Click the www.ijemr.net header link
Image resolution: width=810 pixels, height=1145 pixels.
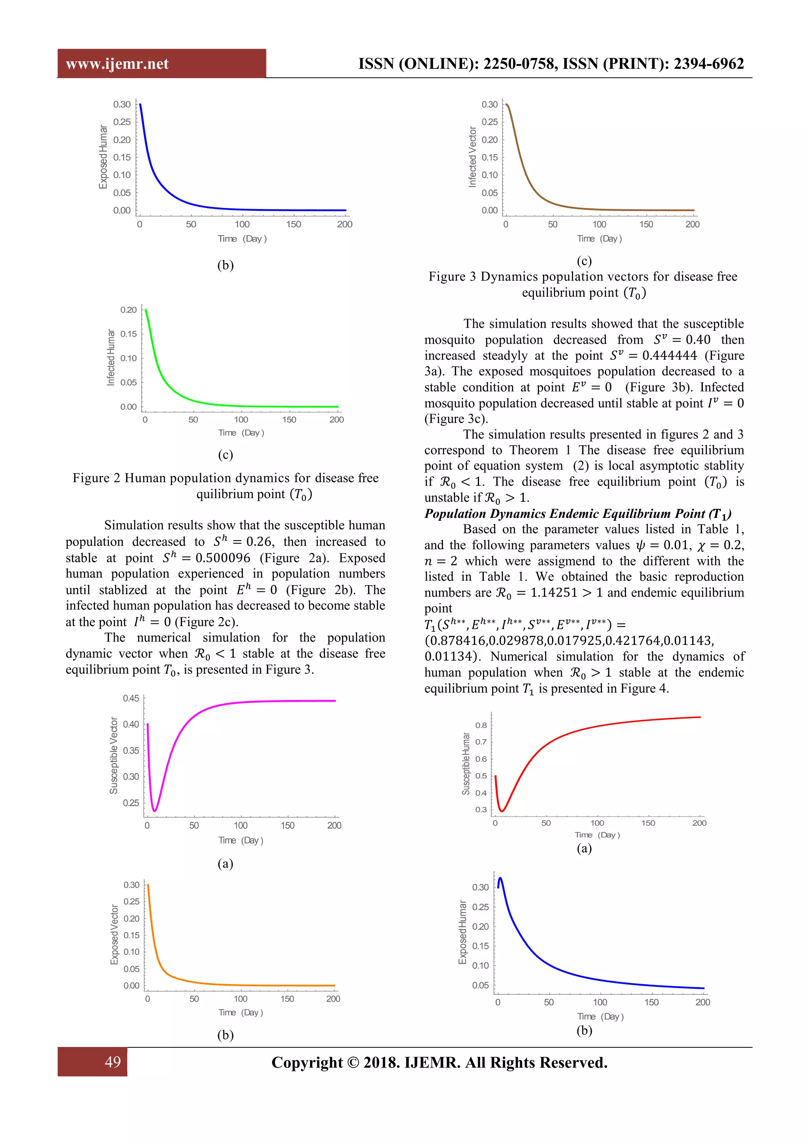(117, 64)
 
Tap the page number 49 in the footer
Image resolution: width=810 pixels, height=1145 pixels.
(112, 1061)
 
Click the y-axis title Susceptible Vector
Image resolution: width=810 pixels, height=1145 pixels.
(114, 755)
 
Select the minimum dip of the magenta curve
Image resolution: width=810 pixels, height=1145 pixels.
(155, 811)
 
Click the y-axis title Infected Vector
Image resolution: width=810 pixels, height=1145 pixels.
(472, 157)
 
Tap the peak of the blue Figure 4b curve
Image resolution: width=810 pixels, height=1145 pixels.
(500, 878)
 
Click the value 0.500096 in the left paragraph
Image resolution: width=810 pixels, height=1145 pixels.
(222, 558)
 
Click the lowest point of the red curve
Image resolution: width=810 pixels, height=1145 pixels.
(503, 811)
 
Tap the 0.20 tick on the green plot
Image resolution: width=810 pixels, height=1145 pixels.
(128, 310)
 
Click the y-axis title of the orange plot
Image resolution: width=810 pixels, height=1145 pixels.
(114, 935)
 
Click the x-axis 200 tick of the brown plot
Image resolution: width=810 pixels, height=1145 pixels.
(692, 225)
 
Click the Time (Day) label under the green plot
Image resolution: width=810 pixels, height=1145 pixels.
(241, 433)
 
